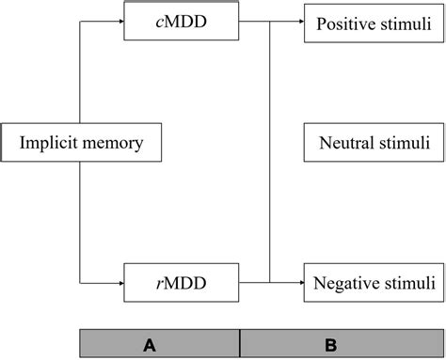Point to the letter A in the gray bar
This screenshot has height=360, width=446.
point(149,345)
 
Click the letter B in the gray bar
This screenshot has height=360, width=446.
point(331,345)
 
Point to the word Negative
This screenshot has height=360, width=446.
point(347,281)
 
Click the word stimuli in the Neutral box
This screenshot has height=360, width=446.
point(406,143)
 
